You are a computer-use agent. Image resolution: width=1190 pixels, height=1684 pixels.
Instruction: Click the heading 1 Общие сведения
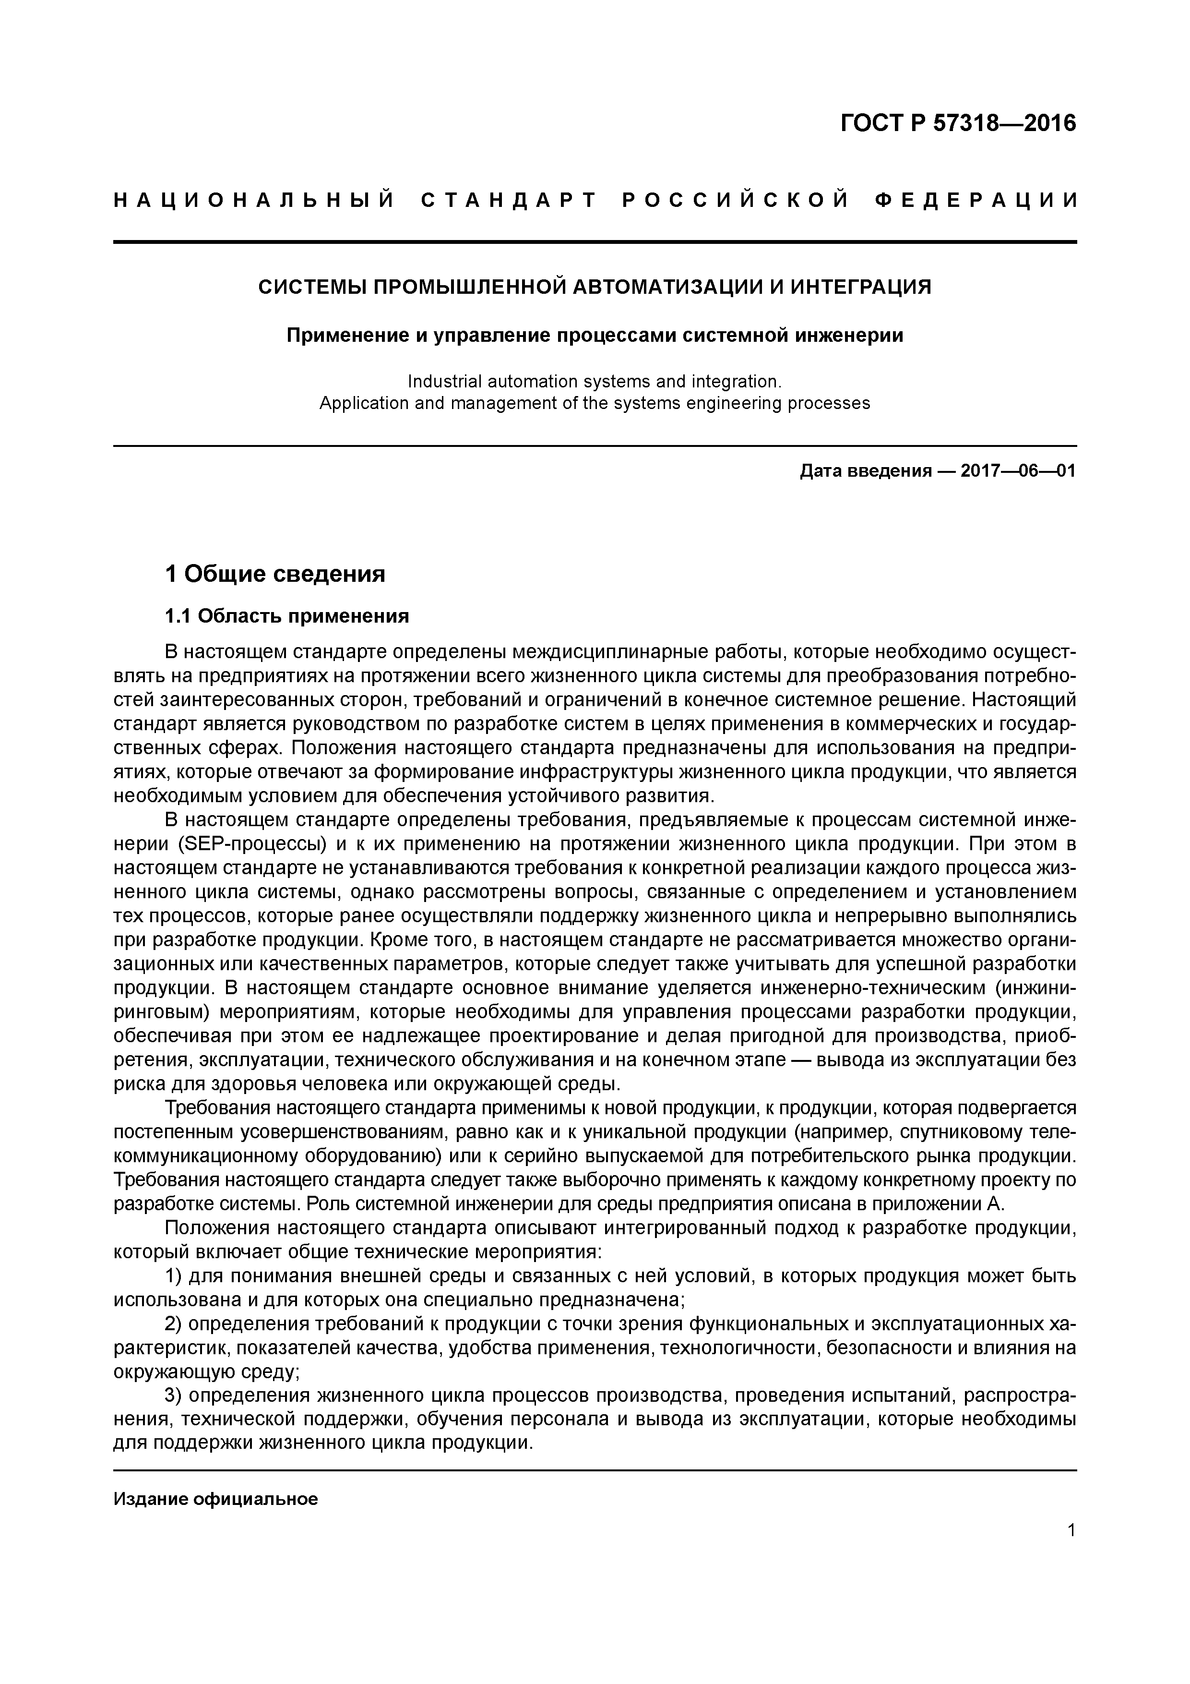275,574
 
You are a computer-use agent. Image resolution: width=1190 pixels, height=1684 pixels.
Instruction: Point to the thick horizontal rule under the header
594,241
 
